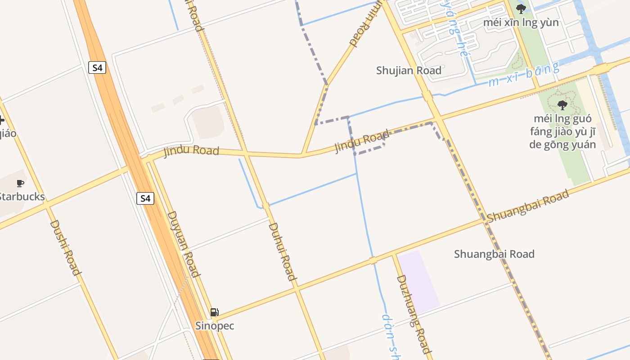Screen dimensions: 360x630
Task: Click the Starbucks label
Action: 22,197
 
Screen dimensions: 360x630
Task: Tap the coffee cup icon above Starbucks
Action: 20,183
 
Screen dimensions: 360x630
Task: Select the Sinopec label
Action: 215,325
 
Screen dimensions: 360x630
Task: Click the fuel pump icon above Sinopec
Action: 215,312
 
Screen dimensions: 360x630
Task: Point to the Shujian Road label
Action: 409,71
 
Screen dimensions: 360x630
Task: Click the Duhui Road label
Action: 282,252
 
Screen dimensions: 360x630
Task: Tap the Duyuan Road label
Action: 183,243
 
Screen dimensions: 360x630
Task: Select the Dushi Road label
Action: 65,247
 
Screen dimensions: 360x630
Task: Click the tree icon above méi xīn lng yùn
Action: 521,9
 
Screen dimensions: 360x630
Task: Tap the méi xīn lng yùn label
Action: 521,22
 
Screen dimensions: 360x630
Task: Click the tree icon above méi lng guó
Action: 562,105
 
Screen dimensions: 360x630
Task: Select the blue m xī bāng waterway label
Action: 524,75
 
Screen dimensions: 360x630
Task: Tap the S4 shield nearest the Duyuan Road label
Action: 145,198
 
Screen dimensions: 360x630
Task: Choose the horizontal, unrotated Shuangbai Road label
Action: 494,254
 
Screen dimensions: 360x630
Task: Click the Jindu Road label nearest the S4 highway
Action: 191,151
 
